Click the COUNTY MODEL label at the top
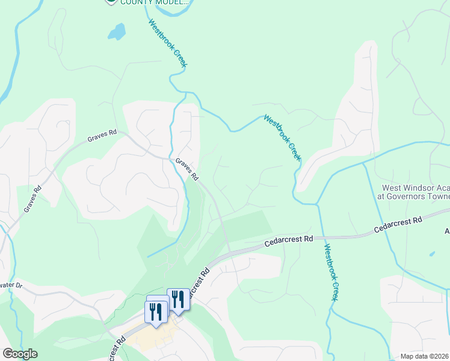pyautogui.click(x=155, y=2)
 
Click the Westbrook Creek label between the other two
pyautogui.click(x=282, y=137)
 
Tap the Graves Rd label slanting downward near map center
pyautogui.click(x=186, y=169)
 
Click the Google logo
pyautogui.click(x=19, y=354)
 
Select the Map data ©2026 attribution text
pyautogui.click(x=425, y=356)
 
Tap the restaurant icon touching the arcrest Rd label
pyautogui.click(x=177, y=299)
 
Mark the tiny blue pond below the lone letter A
pyautogui.click(x=432, y=254)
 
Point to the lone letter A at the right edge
pyautogui.click(x=446, y=231)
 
